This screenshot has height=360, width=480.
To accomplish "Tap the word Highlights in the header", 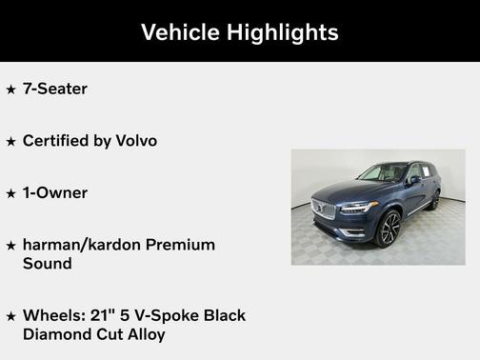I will [x=282, y=31].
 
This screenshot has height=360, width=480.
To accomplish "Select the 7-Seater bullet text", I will [x=55, y=89].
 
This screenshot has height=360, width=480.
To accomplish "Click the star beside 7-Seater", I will [x=11, y=90].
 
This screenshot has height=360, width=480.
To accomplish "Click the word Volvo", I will [x=135, y=141].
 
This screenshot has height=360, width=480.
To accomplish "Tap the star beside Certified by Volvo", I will [x=11, y=142].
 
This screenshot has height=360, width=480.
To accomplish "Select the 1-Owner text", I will [x=55, y=192].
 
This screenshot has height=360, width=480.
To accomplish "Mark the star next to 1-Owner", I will [x=11, y=193].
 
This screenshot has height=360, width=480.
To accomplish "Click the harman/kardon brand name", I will [x=86, y=245].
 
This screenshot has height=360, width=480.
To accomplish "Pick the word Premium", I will [x=184, y=245].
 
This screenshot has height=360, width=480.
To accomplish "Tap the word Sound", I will [x=48, y=263].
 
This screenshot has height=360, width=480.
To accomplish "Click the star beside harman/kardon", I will [x=11, y=246].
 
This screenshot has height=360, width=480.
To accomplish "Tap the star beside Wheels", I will [x=11, y=316].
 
